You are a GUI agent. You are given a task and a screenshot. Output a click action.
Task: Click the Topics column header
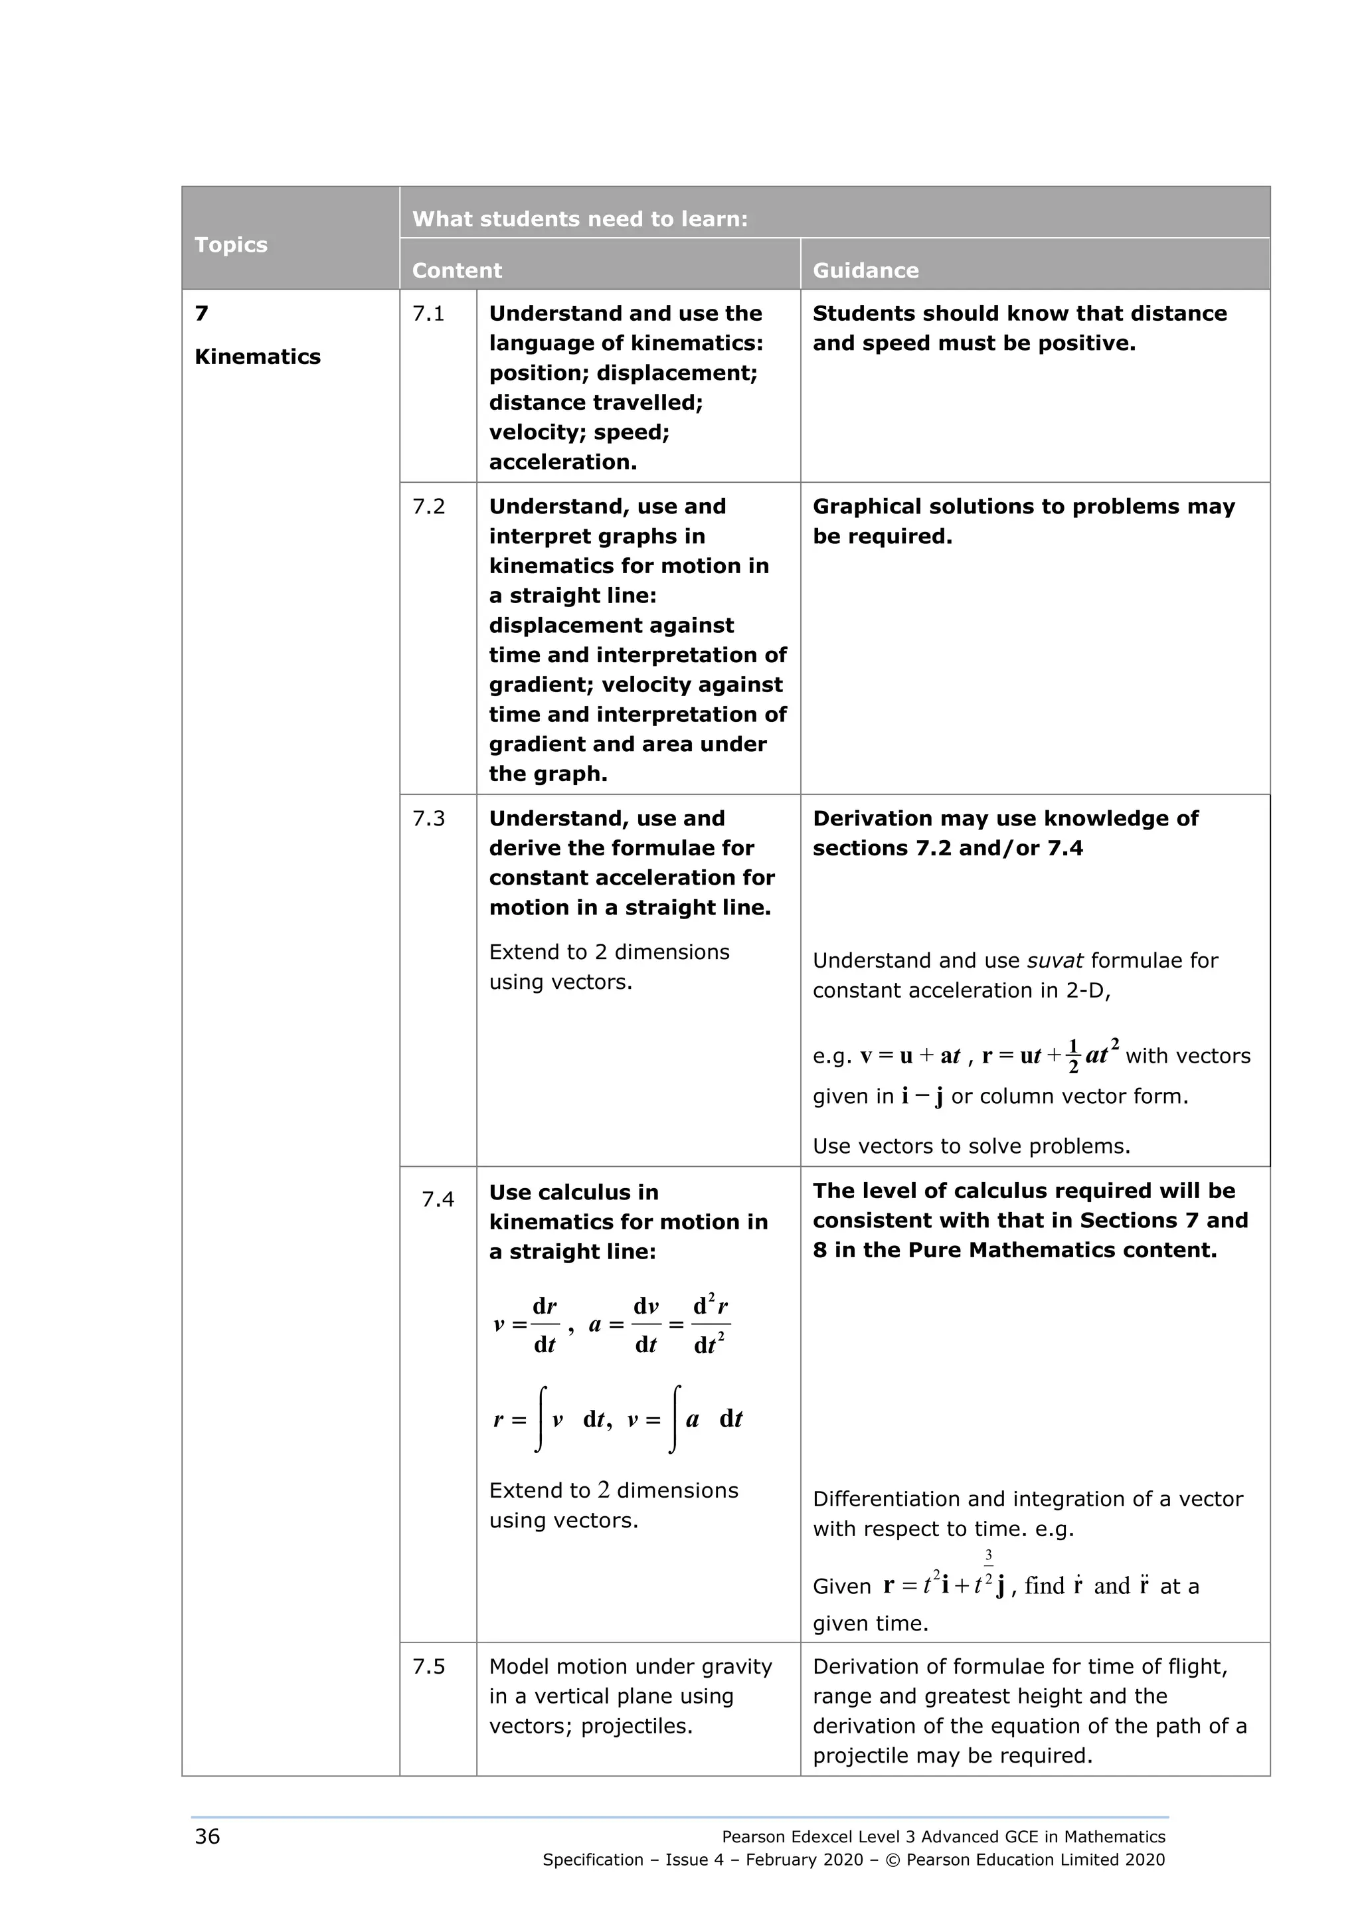230,244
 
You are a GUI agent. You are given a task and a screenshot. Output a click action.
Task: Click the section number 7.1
428,313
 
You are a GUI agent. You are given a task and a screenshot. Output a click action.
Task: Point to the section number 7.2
428,506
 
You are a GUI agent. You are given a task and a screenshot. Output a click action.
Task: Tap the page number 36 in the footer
207,1836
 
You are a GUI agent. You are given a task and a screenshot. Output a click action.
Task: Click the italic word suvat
1054,960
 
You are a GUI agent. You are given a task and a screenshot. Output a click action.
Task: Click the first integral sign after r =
541,1419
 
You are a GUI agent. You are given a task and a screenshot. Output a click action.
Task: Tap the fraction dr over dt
545,1326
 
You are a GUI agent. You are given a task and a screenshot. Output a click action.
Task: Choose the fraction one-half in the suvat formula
1073,1056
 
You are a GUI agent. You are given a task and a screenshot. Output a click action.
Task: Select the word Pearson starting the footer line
752,1837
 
